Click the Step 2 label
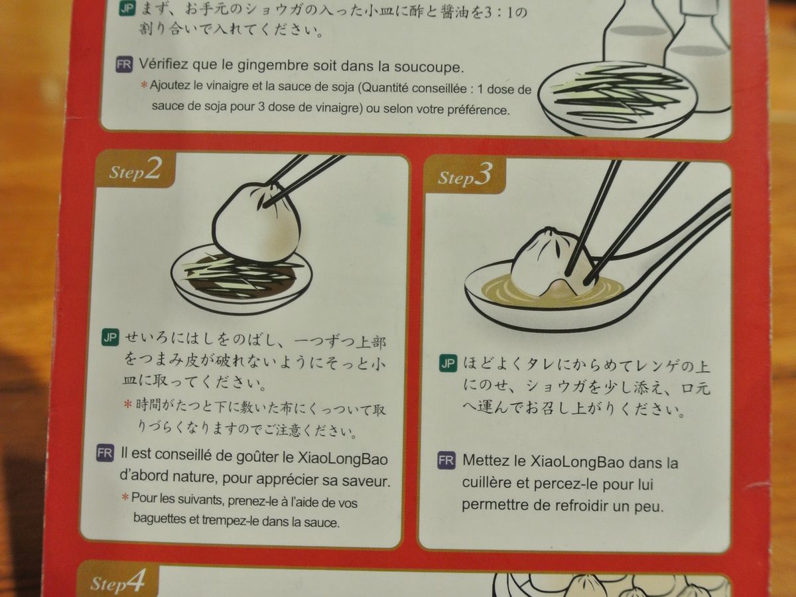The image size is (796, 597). [135, 170]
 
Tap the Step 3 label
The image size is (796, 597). [464, 175]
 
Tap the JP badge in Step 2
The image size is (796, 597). [110, 338]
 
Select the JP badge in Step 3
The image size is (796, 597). [448, 364]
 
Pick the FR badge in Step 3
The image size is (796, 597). [446, 460]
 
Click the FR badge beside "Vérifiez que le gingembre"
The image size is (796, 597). [124, 64]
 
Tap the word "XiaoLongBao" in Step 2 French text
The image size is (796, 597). [342, 459]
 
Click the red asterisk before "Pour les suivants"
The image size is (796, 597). [125, 497]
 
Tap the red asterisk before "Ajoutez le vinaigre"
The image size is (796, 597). [144, 85]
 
